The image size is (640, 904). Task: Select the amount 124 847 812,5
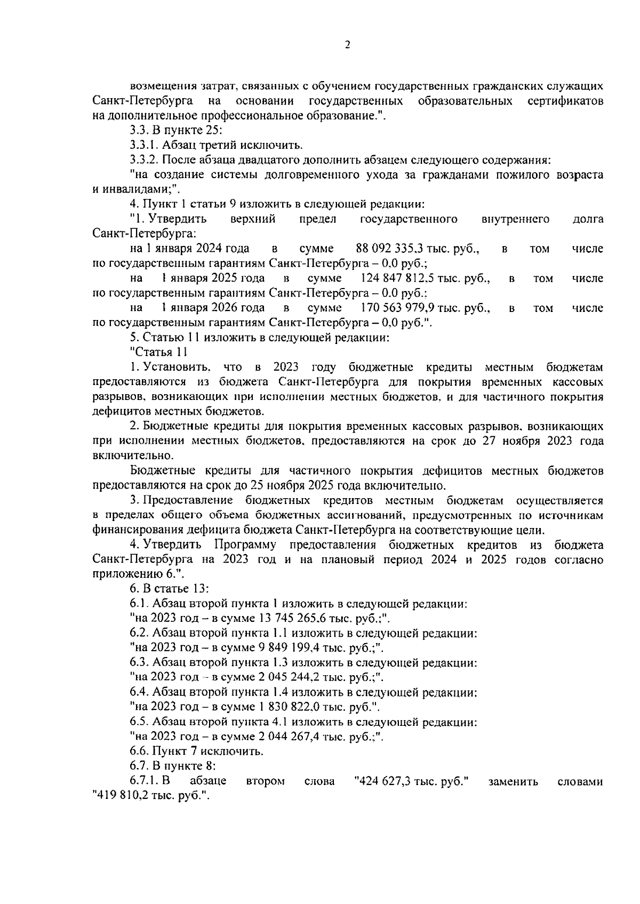pos(398,278)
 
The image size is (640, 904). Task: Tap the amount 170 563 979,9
pos(398,308)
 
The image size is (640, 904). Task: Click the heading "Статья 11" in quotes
pos(158,353)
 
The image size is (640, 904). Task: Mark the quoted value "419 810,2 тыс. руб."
pos(149,796)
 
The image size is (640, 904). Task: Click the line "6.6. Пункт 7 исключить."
pos(197,752)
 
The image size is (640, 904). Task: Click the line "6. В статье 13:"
pos(169,589)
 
